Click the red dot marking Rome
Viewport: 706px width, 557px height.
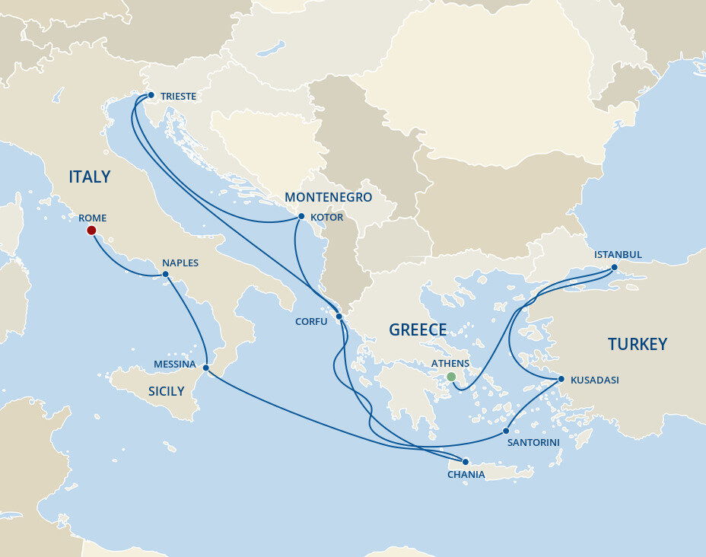(91, 230)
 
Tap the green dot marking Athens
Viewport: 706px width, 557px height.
(451, 377)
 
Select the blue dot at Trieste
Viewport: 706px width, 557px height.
(151, 96)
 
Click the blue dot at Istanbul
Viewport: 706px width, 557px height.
(615, 267)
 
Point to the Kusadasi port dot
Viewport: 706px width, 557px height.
(561, 379)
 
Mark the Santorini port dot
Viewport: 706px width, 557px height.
(506, 431)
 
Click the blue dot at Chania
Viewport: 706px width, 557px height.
(466, 462)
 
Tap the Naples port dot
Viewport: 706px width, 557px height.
(165, 275)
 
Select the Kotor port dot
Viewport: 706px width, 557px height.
(301, 217)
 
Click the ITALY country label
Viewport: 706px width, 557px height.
(89, 177)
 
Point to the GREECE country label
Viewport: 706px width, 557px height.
(418, 330)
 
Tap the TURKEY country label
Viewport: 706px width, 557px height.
(637, 344)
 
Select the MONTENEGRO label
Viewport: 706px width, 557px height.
(328, 198)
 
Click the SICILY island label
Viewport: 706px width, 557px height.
(166, 391)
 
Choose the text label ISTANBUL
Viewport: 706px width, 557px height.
(618, 254)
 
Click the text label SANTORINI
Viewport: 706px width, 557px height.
(533, 442)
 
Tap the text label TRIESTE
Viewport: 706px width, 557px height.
(178, 97)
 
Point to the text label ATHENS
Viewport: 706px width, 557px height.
(450, 364)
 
